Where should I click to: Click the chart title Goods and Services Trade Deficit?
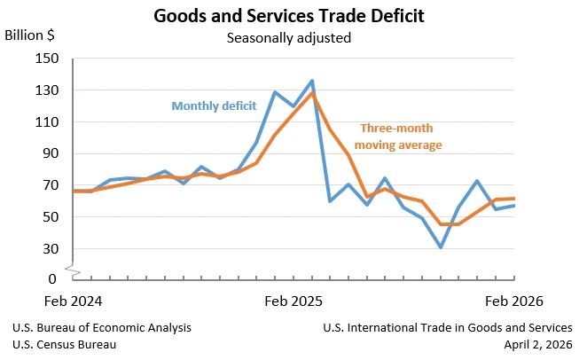[x=288, y=16]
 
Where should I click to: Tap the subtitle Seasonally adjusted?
[x=288, y=37]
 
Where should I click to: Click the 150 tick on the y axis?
[x=46, y=59]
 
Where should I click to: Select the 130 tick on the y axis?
[x=46, y=90]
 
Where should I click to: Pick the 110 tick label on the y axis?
[x=46, y=121]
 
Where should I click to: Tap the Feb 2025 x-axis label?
[x=294, y=301]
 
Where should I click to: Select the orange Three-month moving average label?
[x=397, y=137]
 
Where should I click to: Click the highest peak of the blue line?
[x=311, y=81]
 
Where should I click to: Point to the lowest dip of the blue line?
[x=441, y=247]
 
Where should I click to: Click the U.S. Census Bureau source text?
[x=64, y=343]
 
